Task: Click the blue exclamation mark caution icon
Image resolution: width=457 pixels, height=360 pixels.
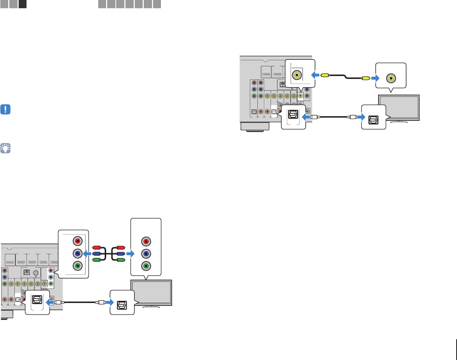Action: [x=6, y=109]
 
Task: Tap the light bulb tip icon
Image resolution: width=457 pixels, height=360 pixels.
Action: [x=6, y=148]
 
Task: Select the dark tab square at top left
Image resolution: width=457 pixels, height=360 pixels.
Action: [x=23, y=4]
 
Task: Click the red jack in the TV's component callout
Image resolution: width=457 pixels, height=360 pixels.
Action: [x=146, y=241]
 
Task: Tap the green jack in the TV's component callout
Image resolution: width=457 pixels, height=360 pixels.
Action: [x=146, y=266]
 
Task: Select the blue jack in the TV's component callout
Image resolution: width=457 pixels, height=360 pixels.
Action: [x=146, y=254]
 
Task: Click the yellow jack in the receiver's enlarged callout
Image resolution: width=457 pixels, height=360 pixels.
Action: [x=297, y=75]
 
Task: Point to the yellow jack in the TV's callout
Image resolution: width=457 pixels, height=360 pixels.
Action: [x=391, y=77]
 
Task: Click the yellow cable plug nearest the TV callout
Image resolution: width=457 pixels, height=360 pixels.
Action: [x=365, y=77]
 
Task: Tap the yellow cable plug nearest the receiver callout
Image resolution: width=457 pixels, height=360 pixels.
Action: [x=324, y=75]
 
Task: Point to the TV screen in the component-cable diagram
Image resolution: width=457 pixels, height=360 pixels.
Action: [x=152, y=292]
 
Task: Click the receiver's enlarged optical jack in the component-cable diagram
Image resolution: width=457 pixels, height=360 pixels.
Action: [x=38, y=302]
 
